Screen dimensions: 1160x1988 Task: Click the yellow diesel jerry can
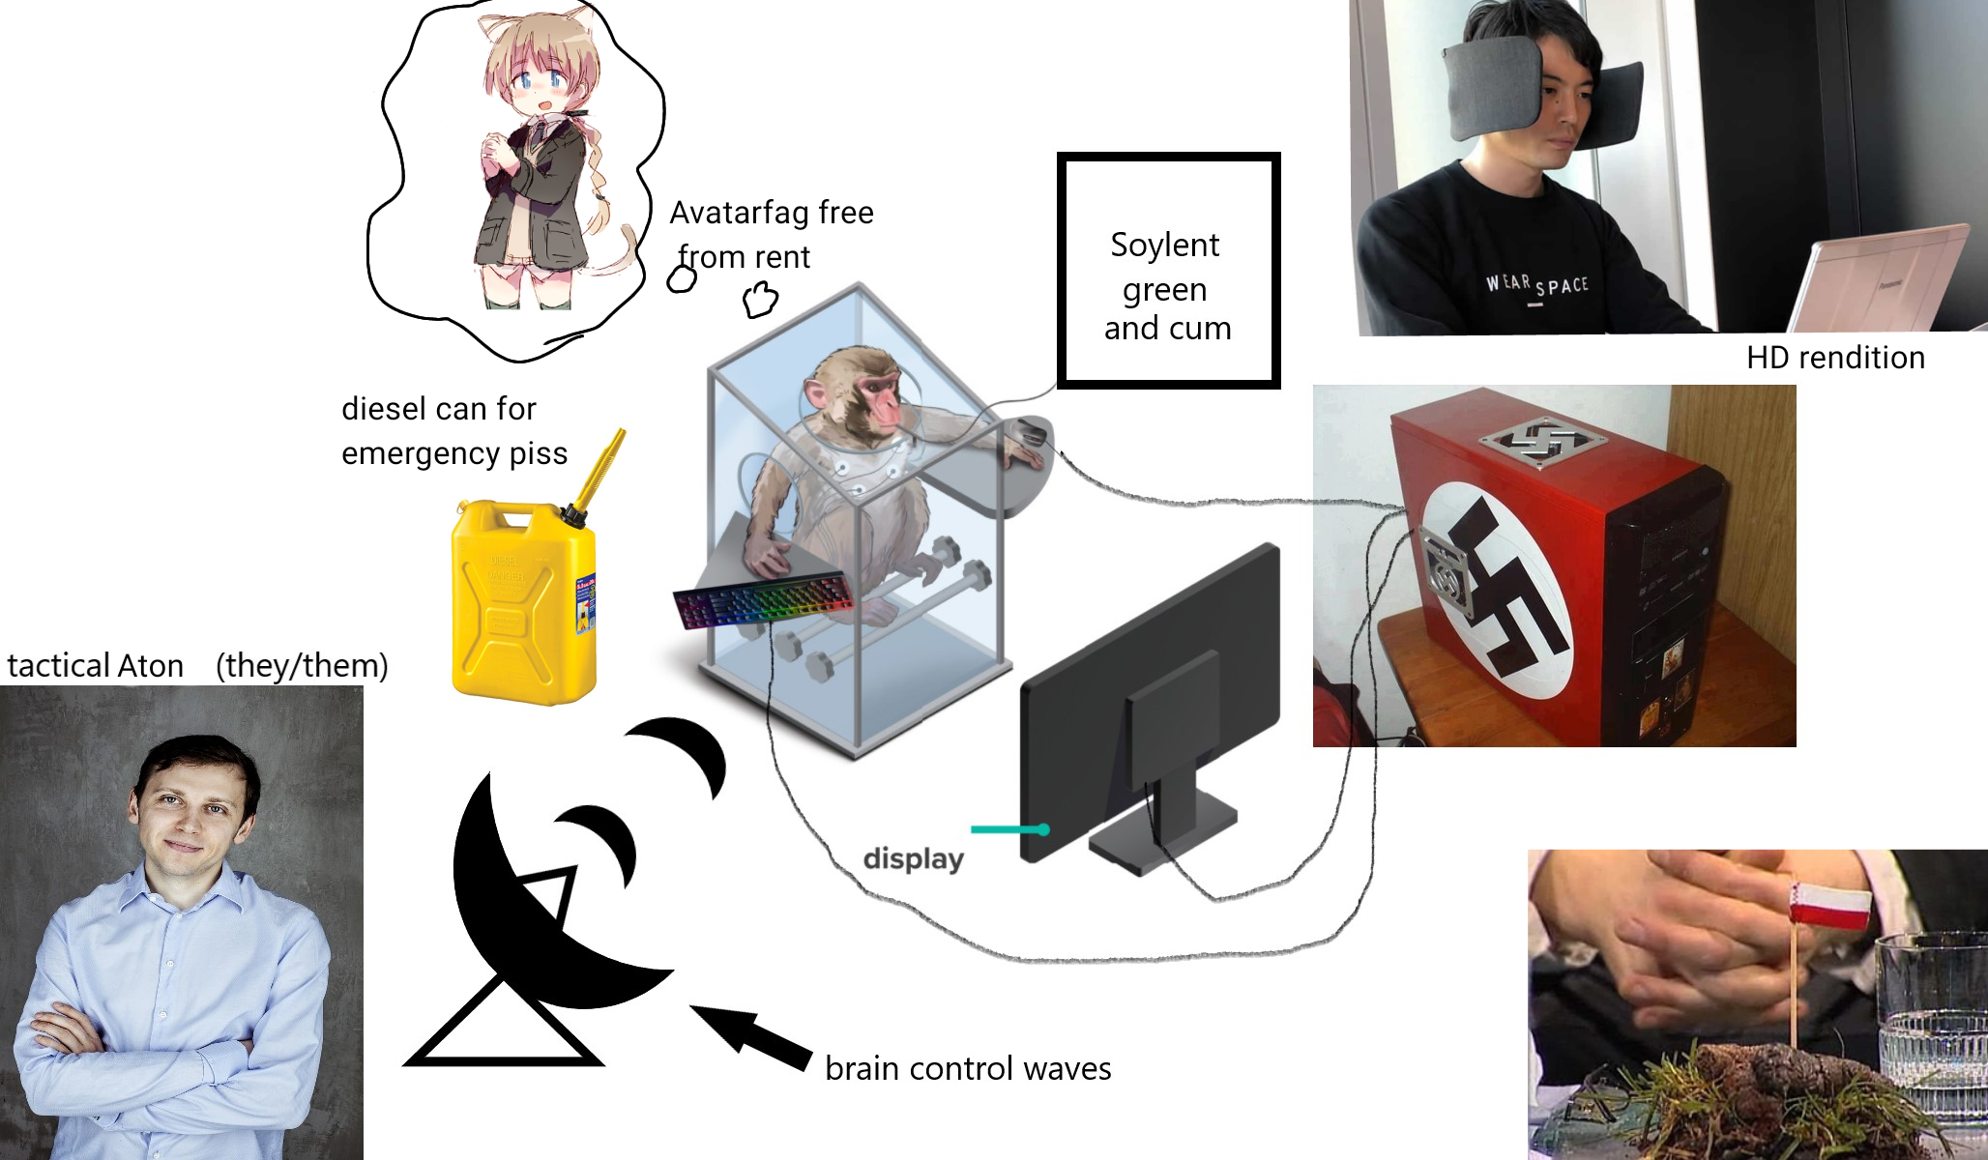pos(523,604)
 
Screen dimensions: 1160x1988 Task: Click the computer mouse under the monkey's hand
pos(1029,431)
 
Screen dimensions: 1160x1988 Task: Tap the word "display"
pos(913,858)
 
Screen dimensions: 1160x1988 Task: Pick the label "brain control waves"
pos(968,1069)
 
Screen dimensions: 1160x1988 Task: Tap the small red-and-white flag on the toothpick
pos(1830,908)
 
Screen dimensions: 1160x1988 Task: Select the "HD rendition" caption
pos(1835,358)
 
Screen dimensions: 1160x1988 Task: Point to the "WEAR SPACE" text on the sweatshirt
pos(1536,284)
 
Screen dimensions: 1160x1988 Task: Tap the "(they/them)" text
pos(302,666)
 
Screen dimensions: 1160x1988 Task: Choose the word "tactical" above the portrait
pos(56,666)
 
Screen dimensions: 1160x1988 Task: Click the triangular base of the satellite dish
pos(503,1029)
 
